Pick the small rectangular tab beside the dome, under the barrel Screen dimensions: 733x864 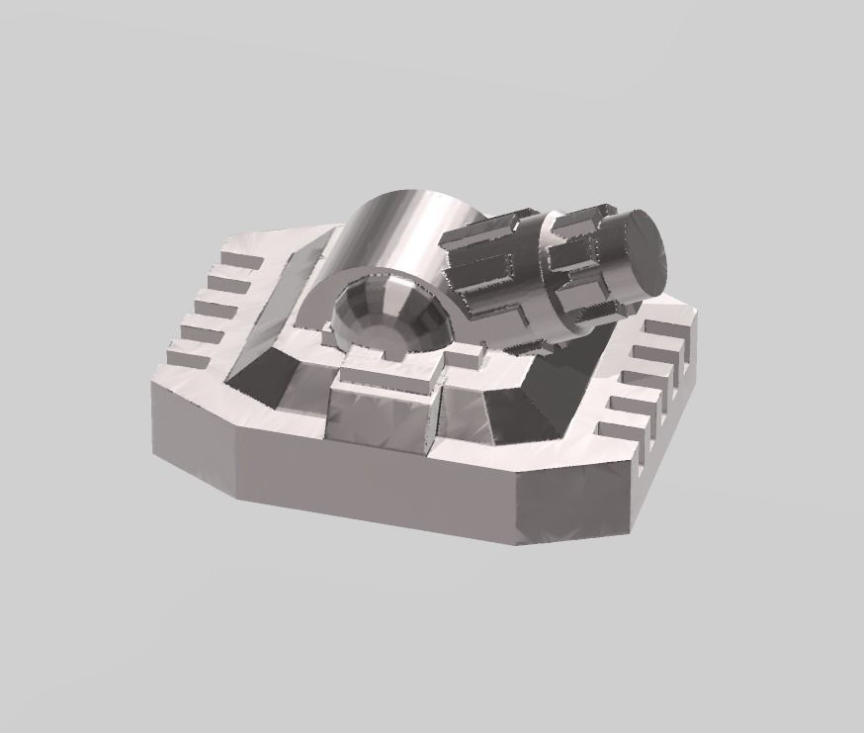pyautogui.click(x=468, y=351)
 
